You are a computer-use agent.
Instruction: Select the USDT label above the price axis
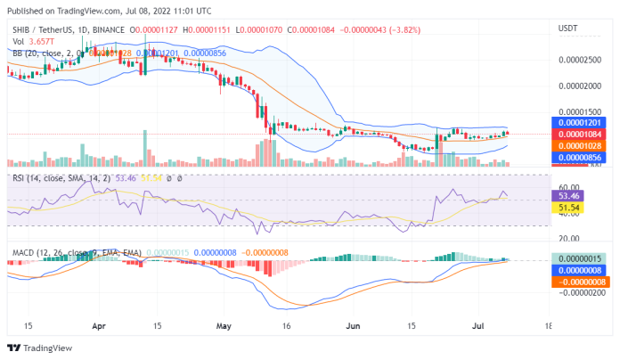click(x=568, y=29)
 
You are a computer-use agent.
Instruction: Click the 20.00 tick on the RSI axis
click(x=570, y=238)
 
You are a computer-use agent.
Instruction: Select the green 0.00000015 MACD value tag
click(x=580, y=258)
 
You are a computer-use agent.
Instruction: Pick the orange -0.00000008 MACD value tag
click(x=580, y=282)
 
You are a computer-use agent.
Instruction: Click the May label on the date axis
click(x=223, y=326)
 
